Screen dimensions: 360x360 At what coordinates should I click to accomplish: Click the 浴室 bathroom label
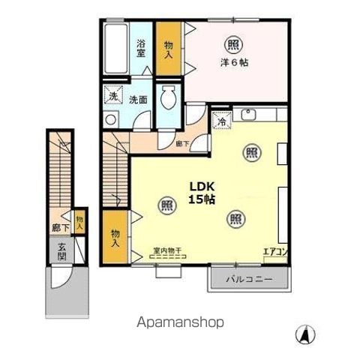[x=141, y=49]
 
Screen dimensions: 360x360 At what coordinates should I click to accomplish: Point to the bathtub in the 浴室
[x=116, y=49]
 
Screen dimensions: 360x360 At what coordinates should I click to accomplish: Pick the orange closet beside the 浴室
[x=169, y=49]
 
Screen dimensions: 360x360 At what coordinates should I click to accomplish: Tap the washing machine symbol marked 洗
[x=112, y=96]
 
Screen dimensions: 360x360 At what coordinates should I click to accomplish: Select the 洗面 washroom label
[x=137, y=100]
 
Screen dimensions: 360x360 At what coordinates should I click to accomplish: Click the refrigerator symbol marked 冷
[x=223, y=120]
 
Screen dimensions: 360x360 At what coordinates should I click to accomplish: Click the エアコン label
[x=274, y=251]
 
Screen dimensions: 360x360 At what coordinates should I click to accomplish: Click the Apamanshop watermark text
[x=180, y=322]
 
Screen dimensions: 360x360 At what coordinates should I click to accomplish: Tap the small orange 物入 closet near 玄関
[x=79, y=222]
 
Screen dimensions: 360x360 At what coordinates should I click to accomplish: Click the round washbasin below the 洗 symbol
[x=112, y=119]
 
